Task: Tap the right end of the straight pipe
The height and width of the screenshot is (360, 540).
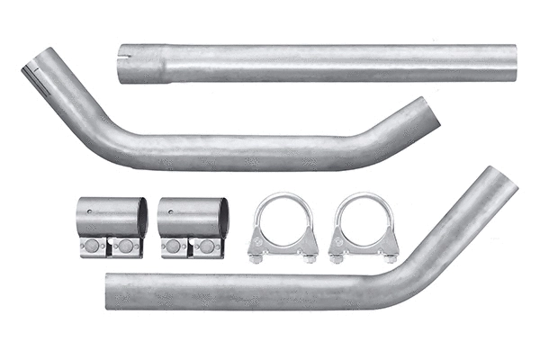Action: [x=512, y=61]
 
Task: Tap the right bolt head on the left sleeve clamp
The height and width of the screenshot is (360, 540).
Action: [x=127, y=247]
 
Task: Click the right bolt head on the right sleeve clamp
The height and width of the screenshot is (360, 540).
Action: [x=208, y=247]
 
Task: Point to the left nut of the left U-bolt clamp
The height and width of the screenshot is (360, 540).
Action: [x=256, y=258]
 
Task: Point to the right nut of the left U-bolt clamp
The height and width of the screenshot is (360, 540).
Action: [x=310, y=258]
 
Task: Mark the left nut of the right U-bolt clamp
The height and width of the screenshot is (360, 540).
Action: [x=337, y=258]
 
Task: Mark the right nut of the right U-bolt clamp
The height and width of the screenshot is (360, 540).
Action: [x=391, y=258]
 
